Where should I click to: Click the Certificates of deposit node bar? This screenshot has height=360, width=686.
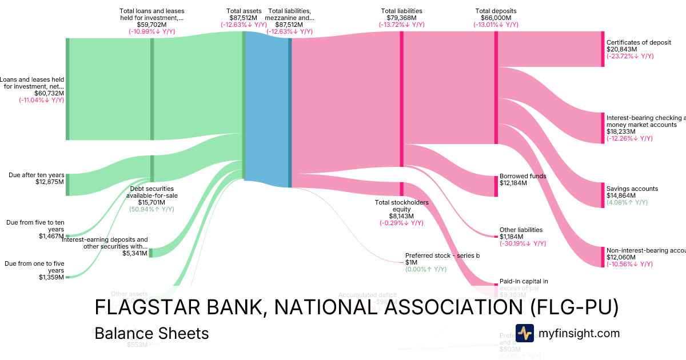pyautogui.click(x=603, y=49)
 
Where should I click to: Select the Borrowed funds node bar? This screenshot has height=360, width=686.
pyautogui.click(x=496, y=186)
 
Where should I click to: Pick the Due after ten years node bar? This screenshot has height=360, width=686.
pyautogui.click(x=67, y=185)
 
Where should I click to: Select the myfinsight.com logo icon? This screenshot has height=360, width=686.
pyautogui.click(x=524, y=333)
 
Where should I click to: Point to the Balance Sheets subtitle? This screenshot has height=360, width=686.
pyautogui.click(x=151, y=333)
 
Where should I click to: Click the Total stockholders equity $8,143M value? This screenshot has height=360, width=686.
pyautogui.click(x=401, y=216)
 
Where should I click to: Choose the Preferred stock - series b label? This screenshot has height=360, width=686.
pyautogui.click(x=442, y=255)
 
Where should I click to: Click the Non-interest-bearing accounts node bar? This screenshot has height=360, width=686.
pyautogui.click(x=603, y=257)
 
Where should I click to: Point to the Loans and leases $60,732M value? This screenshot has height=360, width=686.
pyautogui.click(x=49, y=93)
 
